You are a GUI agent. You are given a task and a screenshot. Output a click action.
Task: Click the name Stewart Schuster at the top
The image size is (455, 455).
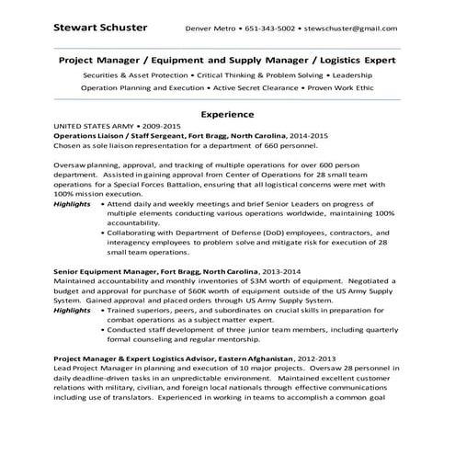click(x=98, y=27)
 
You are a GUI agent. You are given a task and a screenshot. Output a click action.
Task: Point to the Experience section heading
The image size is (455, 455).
click(x=227, y=115)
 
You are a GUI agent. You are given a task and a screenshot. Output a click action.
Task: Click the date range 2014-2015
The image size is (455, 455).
click(x=308, y=135)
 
